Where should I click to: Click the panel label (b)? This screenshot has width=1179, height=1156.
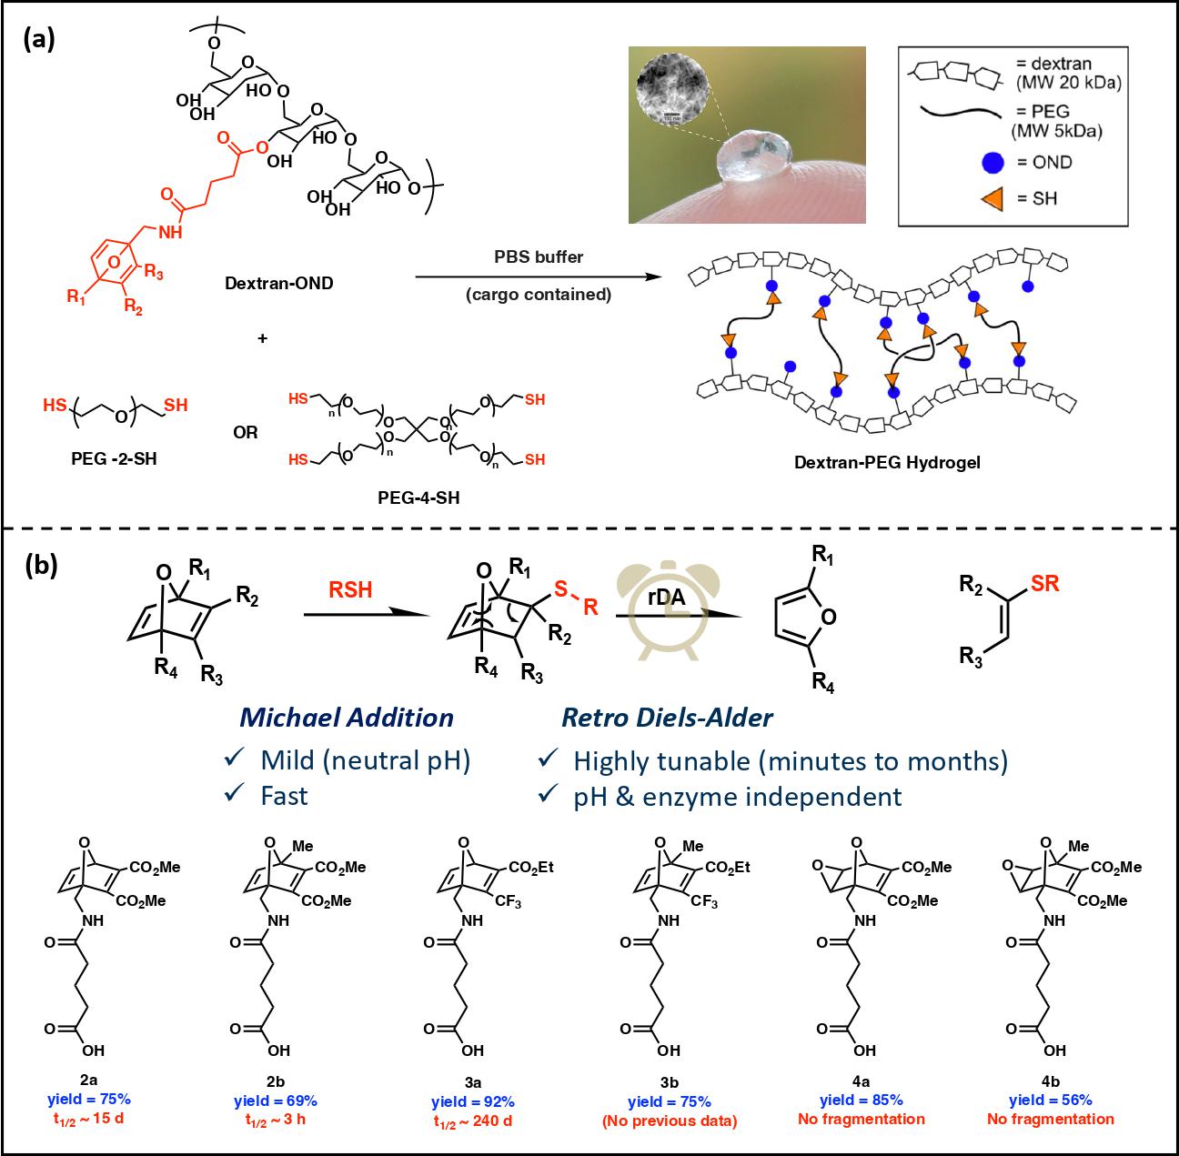click(x=41, y=566)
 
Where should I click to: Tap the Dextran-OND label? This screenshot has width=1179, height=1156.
click(x=279, y=284)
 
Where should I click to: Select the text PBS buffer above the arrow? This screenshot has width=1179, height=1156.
click(x=539, y=257)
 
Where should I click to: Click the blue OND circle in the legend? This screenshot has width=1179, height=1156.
click(x=993, y=163)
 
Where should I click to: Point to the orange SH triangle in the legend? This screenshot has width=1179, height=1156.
click(x=993, y=199)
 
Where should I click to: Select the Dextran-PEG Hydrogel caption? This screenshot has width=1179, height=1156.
click(x=887, y=463)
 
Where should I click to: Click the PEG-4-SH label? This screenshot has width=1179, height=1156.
click(x=418, y=498)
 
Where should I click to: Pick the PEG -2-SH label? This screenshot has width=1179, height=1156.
click(x=114, y=458)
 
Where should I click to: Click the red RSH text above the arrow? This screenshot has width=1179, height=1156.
click(x=350, y=590)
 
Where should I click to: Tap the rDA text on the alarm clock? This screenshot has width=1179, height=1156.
click(x=666, y=597)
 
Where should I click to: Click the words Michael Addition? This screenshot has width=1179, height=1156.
click(x=347, y=718)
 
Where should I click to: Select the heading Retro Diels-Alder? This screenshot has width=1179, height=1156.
click(x=667, y=718)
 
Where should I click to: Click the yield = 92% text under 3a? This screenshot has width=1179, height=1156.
click(x=472, y=1102)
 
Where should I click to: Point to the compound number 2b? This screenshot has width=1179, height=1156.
click(x=276, y=1081)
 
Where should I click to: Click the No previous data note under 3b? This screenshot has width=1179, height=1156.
click(x=670, y=1121)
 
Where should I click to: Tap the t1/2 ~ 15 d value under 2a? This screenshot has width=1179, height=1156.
click(x=88, y=1120)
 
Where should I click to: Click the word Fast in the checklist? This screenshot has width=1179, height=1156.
click(x=284, y=796)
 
